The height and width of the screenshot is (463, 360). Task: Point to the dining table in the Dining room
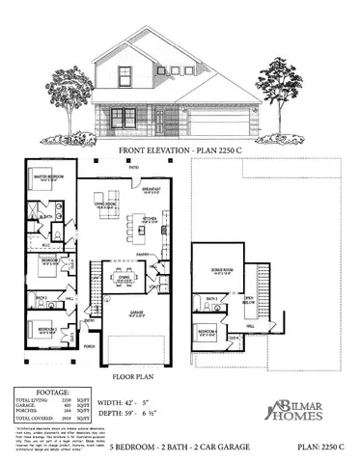point(124,282)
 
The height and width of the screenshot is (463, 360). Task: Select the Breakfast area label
point(151,190)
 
